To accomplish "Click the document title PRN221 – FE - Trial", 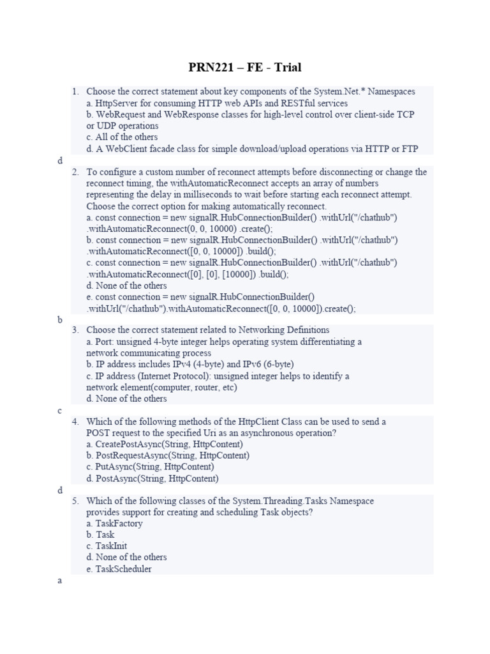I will coord(245,67).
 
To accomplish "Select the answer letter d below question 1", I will coord(60,161).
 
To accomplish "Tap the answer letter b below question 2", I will coord(60,320).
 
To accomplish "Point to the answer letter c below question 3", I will coord(60,411).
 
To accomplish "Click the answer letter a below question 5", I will coord(60,581).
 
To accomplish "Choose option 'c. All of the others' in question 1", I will coord(122,137).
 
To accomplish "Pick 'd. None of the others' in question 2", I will coord(126,285).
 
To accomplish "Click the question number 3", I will coord(75,330).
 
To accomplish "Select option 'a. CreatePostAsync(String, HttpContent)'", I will coord(165,444).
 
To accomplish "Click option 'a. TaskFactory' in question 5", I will coord(114,524).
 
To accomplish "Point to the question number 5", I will coord(75,501).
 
